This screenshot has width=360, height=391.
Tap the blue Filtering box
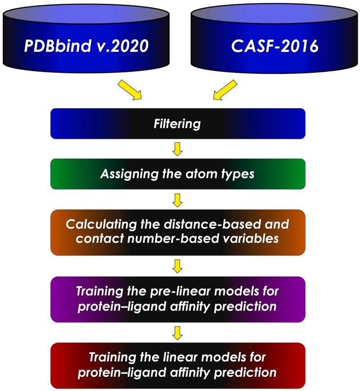(178, 124)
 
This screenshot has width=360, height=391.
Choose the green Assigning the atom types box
(178, 174)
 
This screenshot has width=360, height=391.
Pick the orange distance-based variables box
(178, 232)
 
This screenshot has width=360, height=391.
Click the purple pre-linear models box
(178, 299)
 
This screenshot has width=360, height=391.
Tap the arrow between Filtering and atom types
(178, 149)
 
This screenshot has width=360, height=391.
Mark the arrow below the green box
(178, 199)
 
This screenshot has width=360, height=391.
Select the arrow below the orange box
(178, 266)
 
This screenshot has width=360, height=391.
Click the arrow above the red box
(178, 332)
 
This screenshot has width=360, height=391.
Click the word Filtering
(178, 124)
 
